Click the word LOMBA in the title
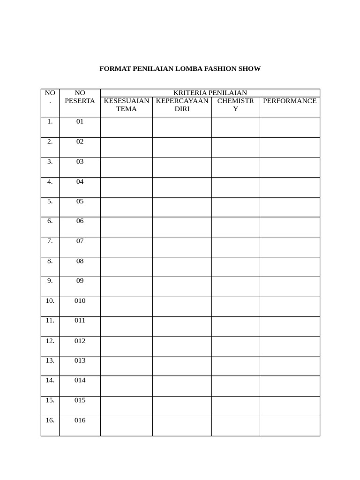tap(189, 69)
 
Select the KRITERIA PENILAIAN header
tap(210, 93)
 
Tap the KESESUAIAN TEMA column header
tap(127, 105)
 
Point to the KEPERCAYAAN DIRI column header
tap(182, 105)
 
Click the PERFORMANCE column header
tap(290, 101)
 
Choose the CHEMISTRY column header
tap(235, 105)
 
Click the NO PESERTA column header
tap(80, 97)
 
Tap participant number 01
tap(80, 121)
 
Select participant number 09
tap(80, 281)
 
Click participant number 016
tap(80, 420)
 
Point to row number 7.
tap(50, 241)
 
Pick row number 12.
tap(50, 341)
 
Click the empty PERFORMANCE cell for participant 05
tap(290, 207)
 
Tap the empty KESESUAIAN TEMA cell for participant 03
tap(127, 167)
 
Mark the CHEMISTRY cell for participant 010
tap(235, 307)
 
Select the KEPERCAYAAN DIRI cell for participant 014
tap(182, 386)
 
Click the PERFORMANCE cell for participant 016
tap(290, 426)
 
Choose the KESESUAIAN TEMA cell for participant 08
tap(127, 267)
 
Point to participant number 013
tap(80, 360)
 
